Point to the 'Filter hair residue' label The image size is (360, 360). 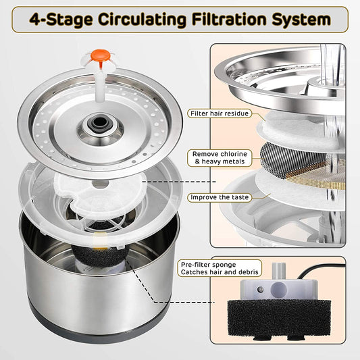click(220, 114)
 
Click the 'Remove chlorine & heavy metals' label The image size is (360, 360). click(220, 158)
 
